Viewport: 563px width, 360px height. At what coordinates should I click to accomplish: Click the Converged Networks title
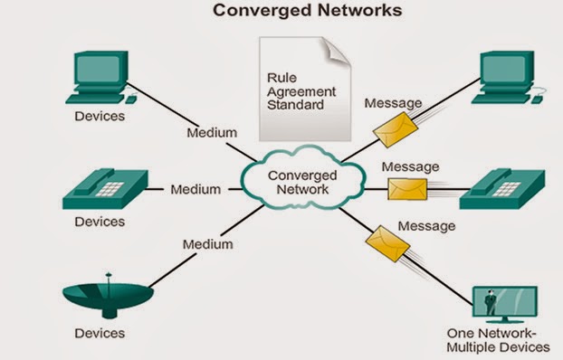281,13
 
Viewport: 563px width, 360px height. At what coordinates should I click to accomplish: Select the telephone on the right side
503,187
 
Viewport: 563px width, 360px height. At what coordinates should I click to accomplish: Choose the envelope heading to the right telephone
406,189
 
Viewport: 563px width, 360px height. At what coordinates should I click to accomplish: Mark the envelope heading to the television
386,242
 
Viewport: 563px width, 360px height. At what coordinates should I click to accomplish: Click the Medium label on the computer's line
212,133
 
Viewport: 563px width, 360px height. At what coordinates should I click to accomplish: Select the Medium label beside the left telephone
196,189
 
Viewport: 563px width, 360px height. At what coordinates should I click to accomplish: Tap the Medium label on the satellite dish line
207,244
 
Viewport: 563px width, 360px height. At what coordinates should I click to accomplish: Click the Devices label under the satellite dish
100,334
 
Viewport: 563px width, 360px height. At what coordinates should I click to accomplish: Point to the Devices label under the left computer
100,118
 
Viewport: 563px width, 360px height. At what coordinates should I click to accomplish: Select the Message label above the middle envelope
410,167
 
